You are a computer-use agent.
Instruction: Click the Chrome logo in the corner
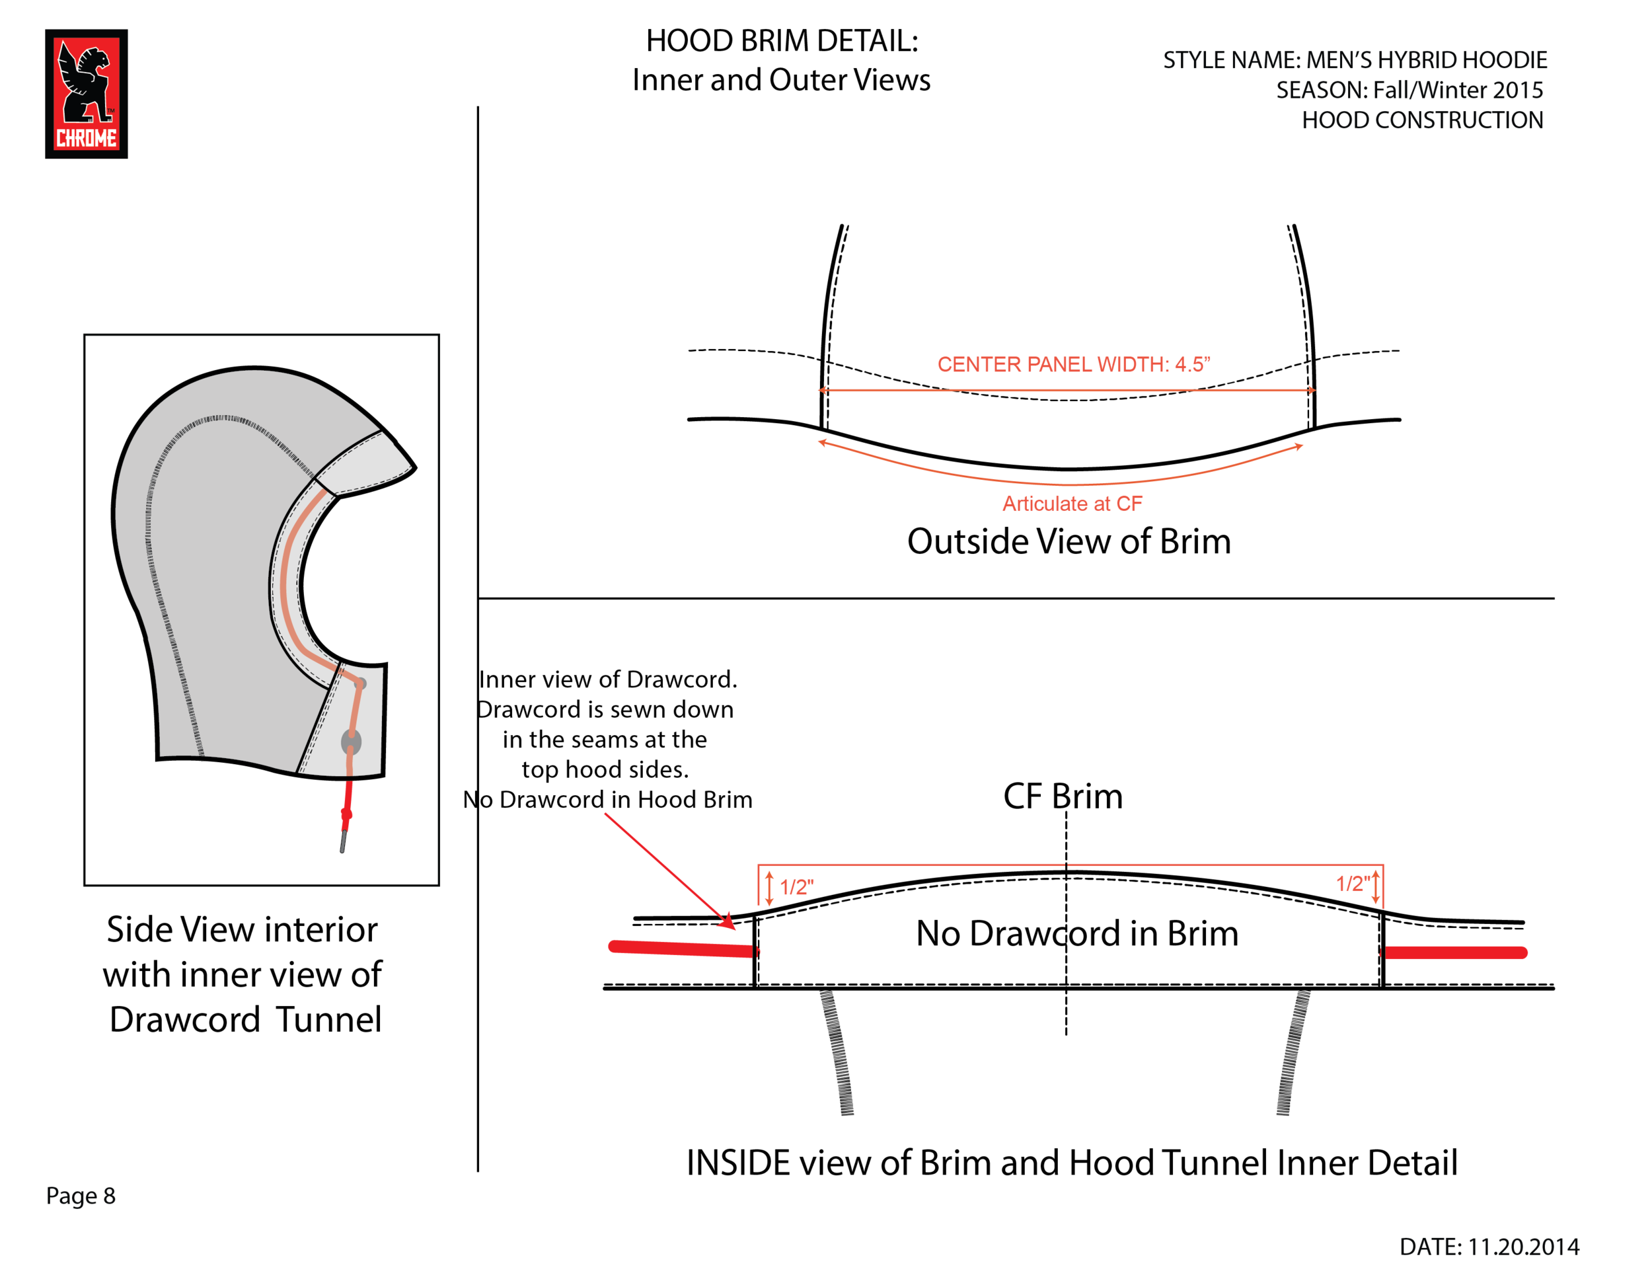[x=86, y=94]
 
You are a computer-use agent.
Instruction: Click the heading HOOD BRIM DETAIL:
[x=782, y=41]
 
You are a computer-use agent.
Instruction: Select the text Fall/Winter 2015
[x=1458, y=90]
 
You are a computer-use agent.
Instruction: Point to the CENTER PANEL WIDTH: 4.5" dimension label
[x=1074, y=364]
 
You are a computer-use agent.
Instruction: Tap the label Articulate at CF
[x=1072, y=504]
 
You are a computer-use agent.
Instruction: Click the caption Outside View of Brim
[x=1069, y=541]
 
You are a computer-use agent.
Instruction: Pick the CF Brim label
[x=1063, y=796]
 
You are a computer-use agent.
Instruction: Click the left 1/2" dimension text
[x=796, y=886]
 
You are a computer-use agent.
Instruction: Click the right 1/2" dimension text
[x=1353, y=884]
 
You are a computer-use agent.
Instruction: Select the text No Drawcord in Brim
[x=1077, y=933]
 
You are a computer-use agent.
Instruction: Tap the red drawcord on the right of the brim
[x=1454, y=952]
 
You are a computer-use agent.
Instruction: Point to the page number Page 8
[x=81, y=1196]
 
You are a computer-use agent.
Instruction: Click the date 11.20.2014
[x=1523, y=1247]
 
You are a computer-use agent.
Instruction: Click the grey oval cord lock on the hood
[x=351, y=742]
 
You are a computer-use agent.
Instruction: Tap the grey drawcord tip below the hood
[x=344, y=841]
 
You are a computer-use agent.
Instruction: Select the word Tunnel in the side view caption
[x=328, y=1020]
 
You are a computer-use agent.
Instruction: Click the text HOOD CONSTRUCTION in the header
[x=1422, y=120]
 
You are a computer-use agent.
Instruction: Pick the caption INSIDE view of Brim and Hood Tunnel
[x=1071, y=1163]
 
